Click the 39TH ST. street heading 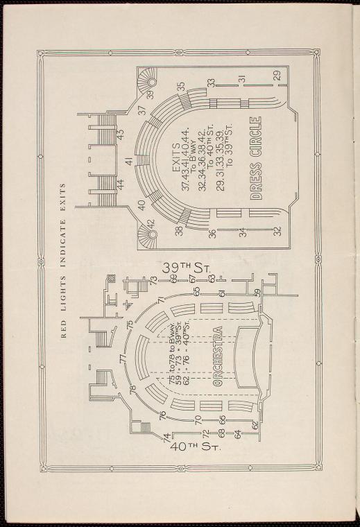[186, 268]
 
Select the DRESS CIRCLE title [256, 158]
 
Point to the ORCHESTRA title [218, 356]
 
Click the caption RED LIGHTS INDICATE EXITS [64, 261]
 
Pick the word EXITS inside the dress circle [176, 158]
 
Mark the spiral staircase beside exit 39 [148, 78]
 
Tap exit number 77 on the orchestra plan [123, 358]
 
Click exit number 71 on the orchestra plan [162, 300]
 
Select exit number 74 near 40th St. [166, 438]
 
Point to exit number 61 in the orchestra [221, 294]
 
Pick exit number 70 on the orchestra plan [198, 420]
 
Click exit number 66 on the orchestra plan [222, 420]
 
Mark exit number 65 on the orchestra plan [197, 291]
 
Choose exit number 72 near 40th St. [206, 434]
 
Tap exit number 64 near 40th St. [238, 434]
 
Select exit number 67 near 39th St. [192, 279]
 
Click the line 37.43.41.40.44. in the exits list [186, 159]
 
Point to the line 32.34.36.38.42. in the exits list [203, 159]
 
